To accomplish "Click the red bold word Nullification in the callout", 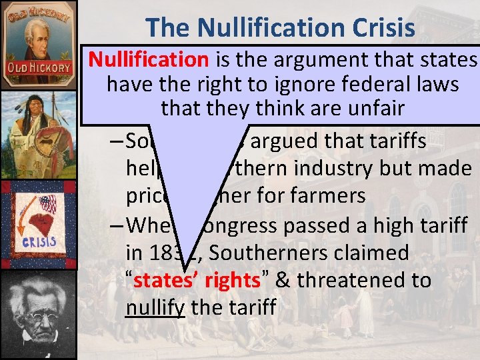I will (149, 60).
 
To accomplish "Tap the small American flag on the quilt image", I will (47, 202).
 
